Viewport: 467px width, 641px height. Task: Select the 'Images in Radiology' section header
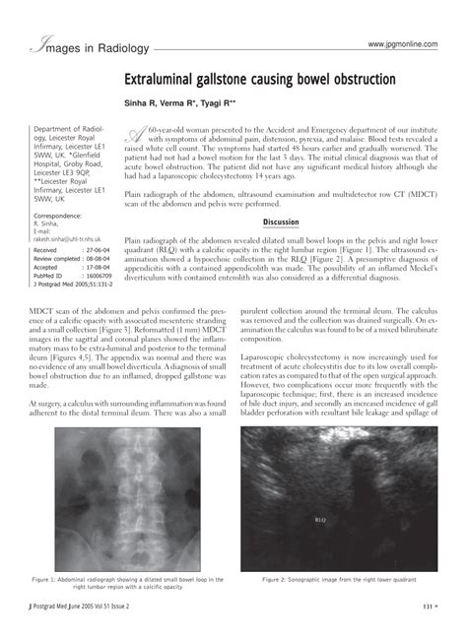(89, 46)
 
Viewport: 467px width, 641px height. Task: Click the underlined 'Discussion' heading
(280, 222)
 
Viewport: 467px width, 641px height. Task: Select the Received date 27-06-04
(97, 250)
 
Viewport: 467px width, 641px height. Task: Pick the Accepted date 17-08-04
(97, 267)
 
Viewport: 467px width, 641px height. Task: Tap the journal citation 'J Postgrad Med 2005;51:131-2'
(71, 285)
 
